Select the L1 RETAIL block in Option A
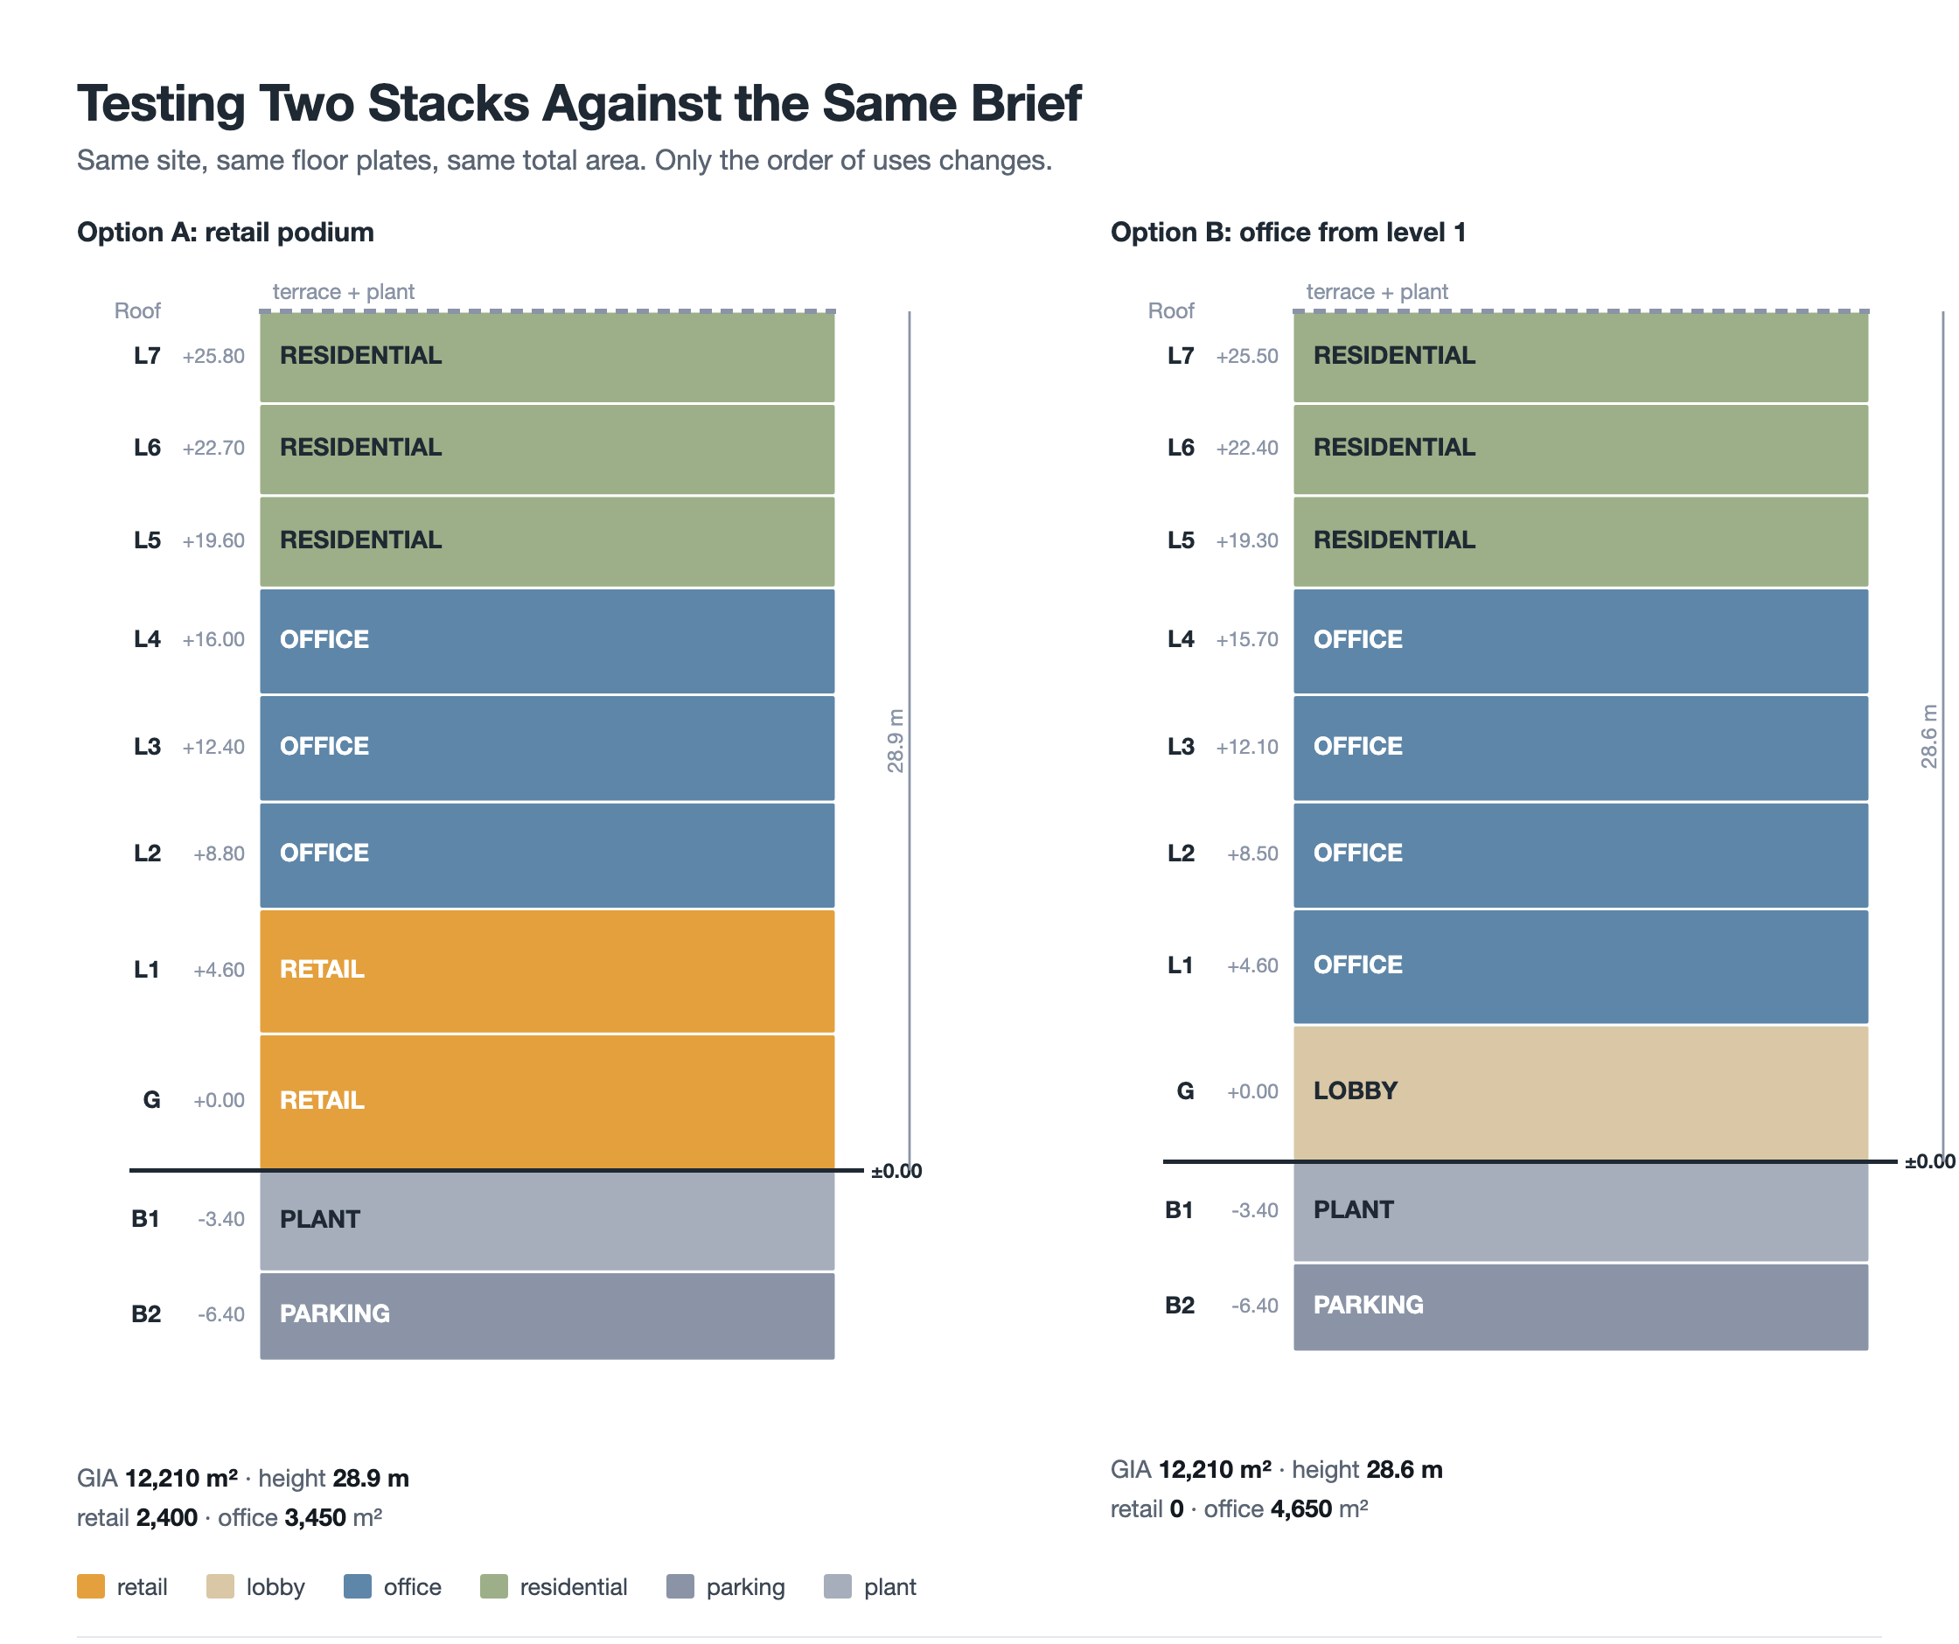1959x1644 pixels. point(547,971)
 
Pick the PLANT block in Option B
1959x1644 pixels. point(1580,1211)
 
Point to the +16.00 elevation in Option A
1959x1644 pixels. point(213,639)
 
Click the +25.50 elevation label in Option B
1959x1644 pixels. point(1247,356)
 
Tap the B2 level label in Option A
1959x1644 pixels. point(146,1313)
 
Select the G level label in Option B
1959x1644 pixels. point(1185,1090)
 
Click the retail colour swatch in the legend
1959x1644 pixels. point(90,1586)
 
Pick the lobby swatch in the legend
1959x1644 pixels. point(220,1586)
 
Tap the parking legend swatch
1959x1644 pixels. point(680,1586)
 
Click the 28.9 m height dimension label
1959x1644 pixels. point(896,741)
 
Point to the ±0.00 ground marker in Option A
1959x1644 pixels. point(896,1171)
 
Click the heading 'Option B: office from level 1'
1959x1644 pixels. point(1288,233)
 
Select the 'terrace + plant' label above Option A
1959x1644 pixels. point(344,292)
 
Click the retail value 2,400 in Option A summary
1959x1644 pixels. point(167,1517)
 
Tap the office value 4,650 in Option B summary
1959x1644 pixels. point(1301,1508)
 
